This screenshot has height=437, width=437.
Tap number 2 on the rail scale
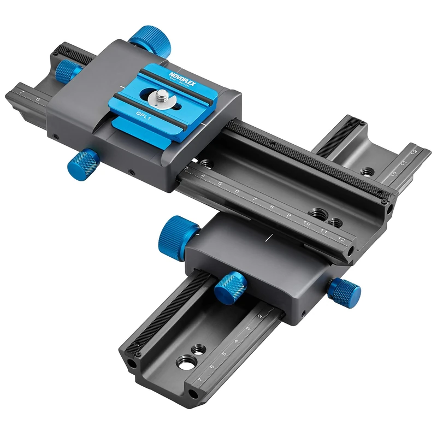[261, 315]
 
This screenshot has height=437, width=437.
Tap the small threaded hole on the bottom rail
[198, 348]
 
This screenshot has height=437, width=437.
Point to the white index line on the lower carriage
[269, 237]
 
